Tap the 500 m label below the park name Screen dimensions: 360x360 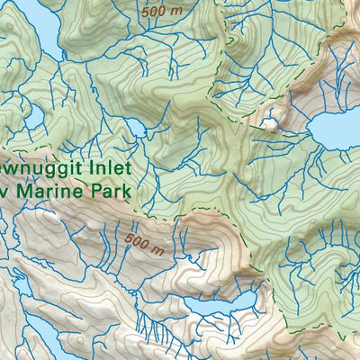pyautogui.click(x=145, y=243)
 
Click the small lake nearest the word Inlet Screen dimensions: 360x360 pyautogui.click(x=138, y=131)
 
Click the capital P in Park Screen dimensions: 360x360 pyautogui.click(x=96, y=191)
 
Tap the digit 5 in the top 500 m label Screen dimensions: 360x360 pyautogui.click(x=145, y=11)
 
